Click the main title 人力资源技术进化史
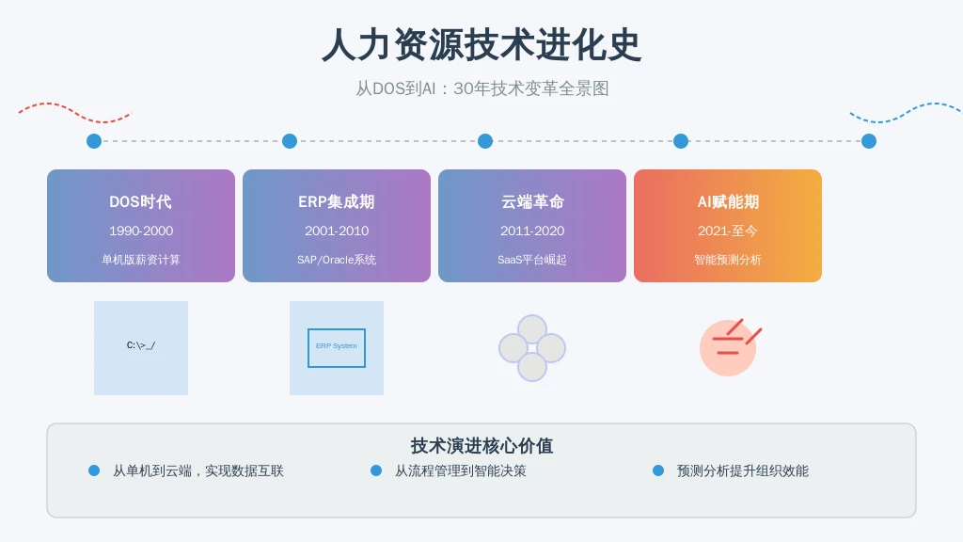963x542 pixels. click(x=481, y=44)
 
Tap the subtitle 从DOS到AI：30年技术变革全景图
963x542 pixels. click(x=481, y=88)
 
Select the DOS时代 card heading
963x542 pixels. click(x=141, y=201)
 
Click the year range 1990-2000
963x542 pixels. click(x=141, y=231)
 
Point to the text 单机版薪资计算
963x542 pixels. click(x=141, y=259)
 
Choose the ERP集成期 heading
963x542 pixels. click(x=337, y=201)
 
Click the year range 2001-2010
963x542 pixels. click(x=337, y=231)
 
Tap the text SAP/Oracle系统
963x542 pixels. click(x=337, y=259)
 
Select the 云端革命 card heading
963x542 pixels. click(x=532, y=201)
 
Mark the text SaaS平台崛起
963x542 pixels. click(x=532, y=259)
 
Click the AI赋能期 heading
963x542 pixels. click(x=728, y=201)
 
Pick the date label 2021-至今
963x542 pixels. click(x=728, y=231)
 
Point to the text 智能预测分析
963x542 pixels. click(x=728, y=259)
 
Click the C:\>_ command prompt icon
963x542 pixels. click(x=141, y=346)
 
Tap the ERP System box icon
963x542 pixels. click(x=337, y=347)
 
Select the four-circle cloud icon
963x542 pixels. click(x=532, y=348)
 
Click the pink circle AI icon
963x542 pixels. click(x=728, y=347)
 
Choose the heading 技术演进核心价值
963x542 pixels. click(x=481, y=446)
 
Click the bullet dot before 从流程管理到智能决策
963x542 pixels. click(x=376, y=470)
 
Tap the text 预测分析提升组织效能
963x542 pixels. click(x=743, y=470)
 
